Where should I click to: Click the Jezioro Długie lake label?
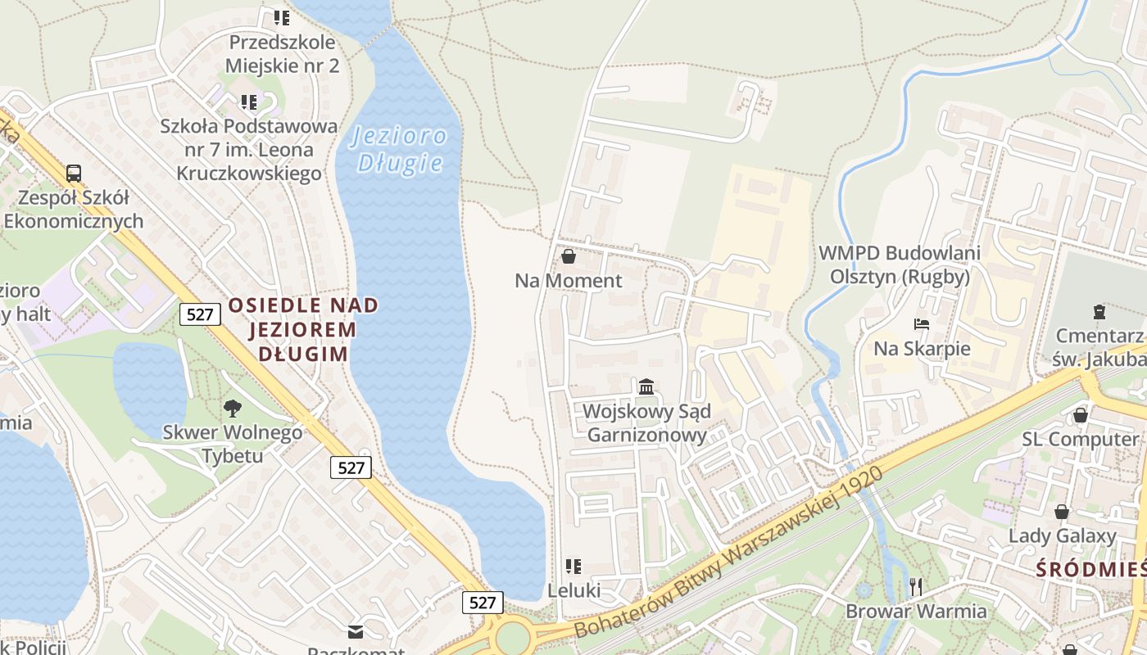click(401, 149)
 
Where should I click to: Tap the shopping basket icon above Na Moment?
click(568, 257)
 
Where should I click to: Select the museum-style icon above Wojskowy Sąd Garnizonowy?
click(646, 386)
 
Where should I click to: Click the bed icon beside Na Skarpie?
click(922, 324)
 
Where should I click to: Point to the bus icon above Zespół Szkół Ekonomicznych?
click(74, 173)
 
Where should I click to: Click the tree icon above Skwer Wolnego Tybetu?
click(232, 408)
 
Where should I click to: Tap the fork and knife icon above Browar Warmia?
click(916, 586)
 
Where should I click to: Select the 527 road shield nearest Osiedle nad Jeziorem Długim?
click(200, 314)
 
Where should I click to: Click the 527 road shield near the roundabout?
click(483, 603)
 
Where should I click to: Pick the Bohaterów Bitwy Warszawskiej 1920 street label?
click(728, 553)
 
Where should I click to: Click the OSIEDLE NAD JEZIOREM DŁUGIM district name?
click(303, 330)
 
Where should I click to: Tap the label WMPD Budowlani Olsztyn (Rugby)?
click(900, 264)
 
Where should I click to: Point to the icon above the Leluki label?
click(573, 566)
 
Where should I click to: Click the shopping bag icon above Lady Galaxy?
click(1062, 512)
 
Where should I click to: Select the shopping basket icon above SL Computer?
click(1081, 415)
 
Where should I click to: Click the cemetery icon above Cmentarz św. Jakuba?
click(1099, 311)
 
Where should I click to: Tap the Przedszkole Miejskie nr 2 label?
click(283, 54)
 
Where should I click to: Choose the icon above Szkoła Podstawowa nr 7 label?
click(249, 102)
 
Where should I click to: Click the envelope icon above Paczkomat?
click(356, 631)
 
